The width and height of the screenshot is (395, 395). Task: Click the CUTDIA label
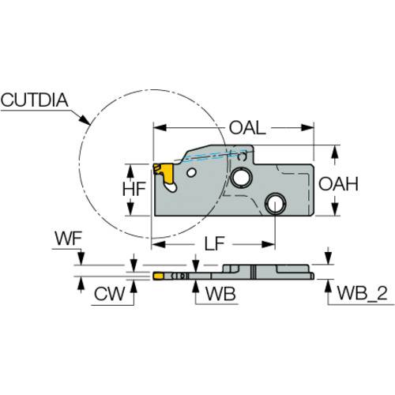pyautogui.click(x=34, y=100)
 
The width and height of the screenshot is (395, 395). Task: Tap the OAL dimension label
pyautogui.click(x=247, y=128)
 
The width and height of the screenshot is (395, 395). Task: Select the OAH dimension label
pyautogui.click(x=338, y=184)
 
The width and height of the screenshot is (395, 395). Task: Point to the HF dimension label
pyautogui.click(x=134, y=189)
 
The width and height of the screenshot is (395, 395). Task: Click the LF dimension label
pyautogui.click(x=214, y=243)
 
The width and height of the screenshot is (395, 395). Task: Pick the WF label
pyautogui.click(x=68, y=239)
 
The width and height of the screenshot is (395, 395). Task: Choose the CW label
pyautogui.click(x=109, y=294)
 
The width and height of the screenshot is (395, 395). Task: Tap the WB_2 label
pyautogui.click(x=362, y=293)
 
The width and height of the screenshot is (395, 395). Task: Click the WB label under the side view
pyautogui.click(x=220, y=294)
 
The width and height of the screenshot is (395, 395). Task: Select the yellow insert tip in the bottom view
pyautogui.click(x=158, y=276)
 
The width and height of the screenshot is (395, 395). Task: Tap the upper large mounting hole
pyautogui.click(x=241, y=177)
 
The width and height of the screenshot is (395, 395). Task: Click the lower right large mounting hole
pyautogui.click(x=276, y=204)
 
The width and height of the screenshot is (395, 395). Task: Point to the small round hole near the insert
pyautogui.click(x=191, y=173)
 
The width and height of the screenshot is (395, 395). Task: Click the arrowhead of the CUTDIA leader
pyautogui.click(x=85, y=120)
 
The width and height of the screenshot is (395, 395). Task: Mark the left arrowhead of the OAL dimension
pyautogui.click(x=160, y=128)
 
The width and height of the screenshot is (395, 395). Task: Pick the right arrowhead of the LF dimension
pyautogui.click(x=269, y=244)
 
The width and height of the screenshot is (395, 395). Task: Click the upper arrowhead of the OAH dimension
pyautogui.click(x=334, y=152)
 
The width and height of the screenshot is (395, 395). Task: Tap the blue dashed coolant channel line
pyautogui.click(x=215, y=156)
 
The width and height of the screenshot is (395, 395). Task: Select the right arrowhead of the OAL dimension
pyautogui.click(x=307, y=128)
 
